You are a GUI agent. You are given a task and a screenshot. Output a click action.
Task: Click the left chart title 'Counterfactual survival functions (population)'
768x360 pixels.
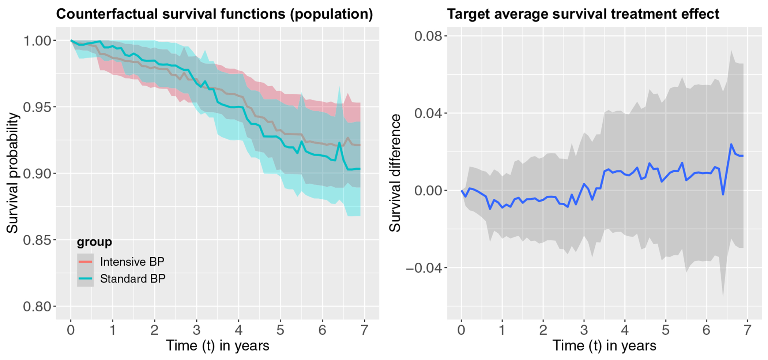point(215,14)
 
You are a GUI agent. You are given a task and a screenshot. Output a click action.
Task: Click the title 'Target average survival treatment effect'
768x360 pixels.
point(583,14)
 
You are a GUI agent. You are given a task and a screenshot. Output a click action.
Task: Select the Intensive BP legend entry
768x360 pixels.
point(121,262)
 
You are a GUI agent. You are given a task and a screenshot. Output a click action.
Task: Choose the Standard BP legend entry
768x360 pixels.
point(122,279)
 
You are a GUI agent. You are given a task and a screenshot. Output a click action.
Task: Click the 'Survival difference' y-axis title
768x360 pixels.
point(395,173)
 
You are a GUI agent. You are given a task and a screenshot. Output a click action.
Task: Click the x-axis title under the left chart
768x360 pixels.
point(218,346)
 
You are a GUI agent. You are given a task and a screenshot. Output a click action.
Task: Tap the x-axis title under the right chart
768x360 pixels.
point(604,346)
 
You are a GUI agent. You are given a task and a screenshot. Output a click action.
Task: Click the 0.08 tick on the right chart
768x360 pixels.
point(428,36)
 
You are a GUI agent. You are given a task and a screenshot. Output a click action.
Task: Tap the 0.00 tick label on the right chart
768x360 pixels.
point(428,191)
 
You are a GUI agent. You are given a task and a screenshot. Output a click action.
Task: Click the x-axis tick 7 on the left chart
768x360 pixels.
point(364,330)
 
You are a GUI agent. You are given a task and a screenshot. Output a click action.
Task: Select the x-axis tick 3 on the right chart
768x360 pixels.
point(584,330)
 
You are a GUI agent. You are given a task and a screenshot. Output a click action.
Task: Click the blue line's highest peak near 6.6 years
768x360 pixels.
point(731,144)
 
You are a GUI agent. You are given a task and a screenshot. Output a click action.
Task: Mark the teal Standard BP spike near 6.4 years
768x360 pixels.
point(339,143)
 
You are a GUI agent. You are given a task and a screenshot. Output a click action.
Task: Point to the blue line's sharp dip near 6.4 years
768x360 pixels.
point(723,194)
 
